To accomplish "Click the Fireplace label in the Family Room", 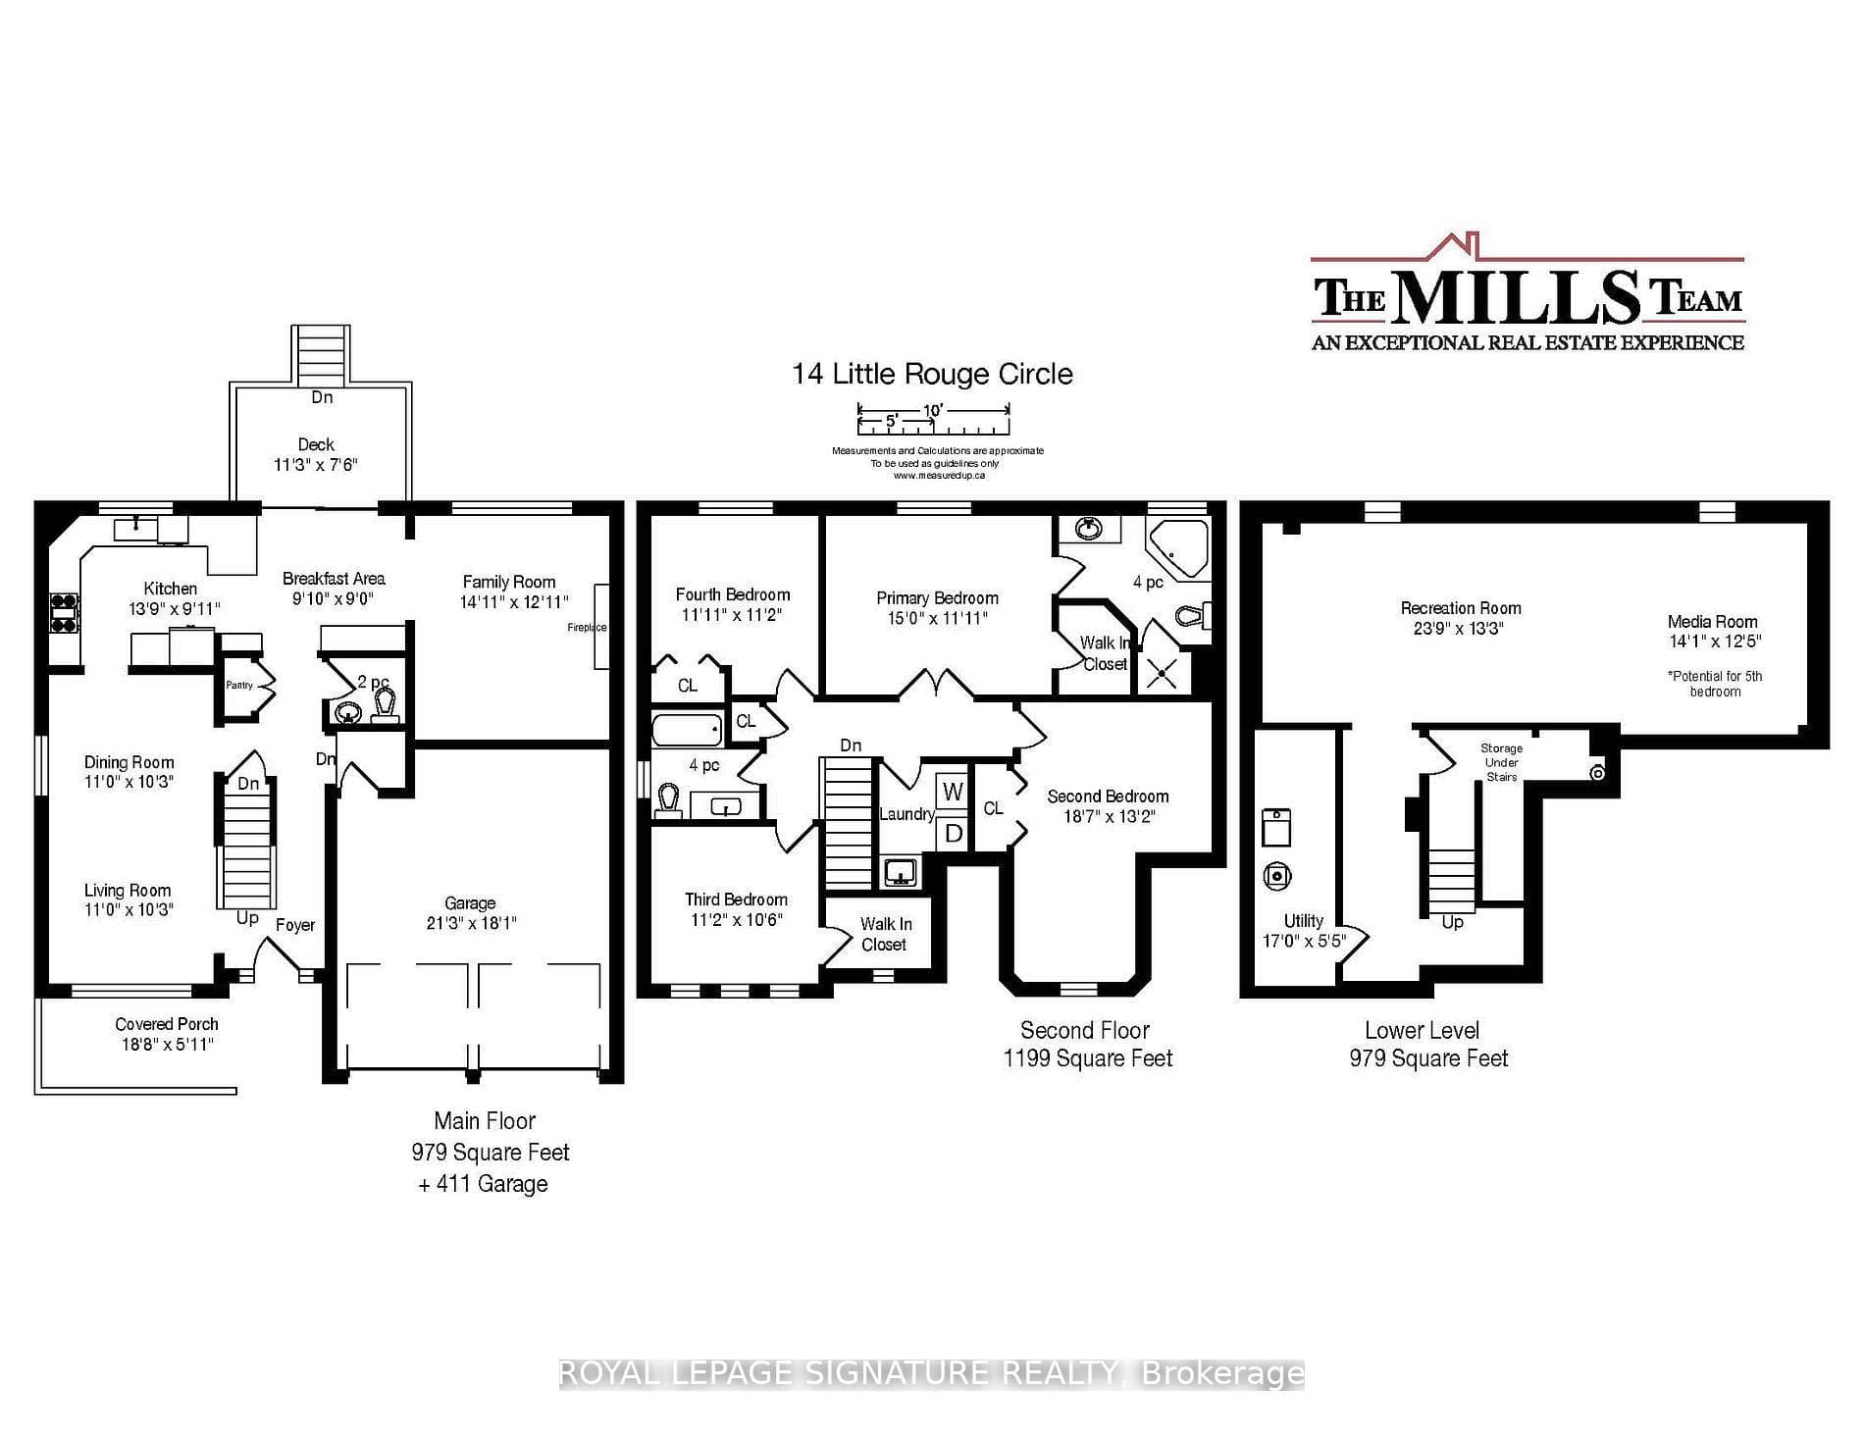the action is [x=587, y=628].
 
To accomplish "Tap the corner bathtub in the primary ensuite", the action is [x=1179, y=549].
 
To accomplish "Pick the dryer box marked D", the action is [x=953, y=834].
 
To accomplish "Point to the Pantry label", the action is [x=239, y=685].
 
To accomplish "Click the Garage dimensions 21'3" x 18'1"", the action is [x=471, y=923].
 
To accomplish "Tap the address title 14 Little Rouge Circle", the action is [x=932, y=374].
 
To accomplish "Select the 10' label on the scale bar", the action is [x=933, y=410].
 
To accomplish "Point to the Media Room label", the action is [x=1713, y=621].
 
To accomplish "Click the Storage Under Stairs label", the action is [x=1502, y=762].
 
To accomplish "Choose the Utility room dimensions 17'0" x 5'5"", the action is [x=1304, y=940].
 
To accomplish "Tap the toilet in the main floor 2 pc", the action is [x=386, y=704].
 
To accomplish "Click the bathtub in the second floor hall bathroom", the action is [x=688, y=730].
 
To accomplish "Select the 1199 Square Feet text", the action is [x=1088, y=1058].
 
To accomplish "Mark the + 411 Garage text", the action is [x=483, y=1184].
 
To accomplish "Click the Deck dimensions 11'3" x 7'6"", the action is [x=316, y=464].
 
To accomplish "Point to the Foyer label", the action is [x=295, y=925].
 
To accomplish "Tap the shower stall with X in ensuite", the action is [x=1164, y=674].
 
